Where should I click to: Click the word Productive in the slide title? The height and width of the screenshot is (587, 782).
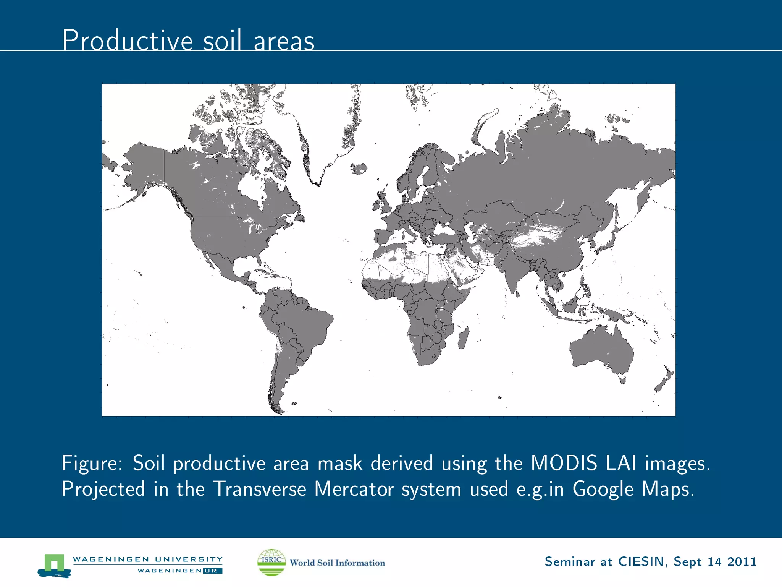pos(128,41)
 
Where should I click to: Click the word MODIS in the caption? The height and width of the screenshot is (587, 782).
pos(564,463)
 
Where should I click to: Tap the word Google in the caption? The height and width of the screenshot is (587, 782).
pos(603,489)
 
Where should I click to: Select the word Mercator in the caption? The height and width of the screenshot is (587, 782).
pos(354,489)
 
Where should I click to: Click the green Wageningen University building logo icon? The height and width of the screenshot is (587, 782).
pos(54,565)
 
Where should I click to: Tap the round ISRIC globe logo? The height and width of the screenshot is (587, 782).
pos(271,562)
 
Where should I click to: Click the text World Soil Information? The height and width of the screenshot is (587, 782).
pos(337,563)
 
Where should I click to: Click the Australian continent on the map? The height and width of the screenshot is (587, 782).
pos(601,352)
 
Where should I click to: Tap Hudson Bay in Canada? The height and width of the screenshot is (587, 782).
pos(250,187)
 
